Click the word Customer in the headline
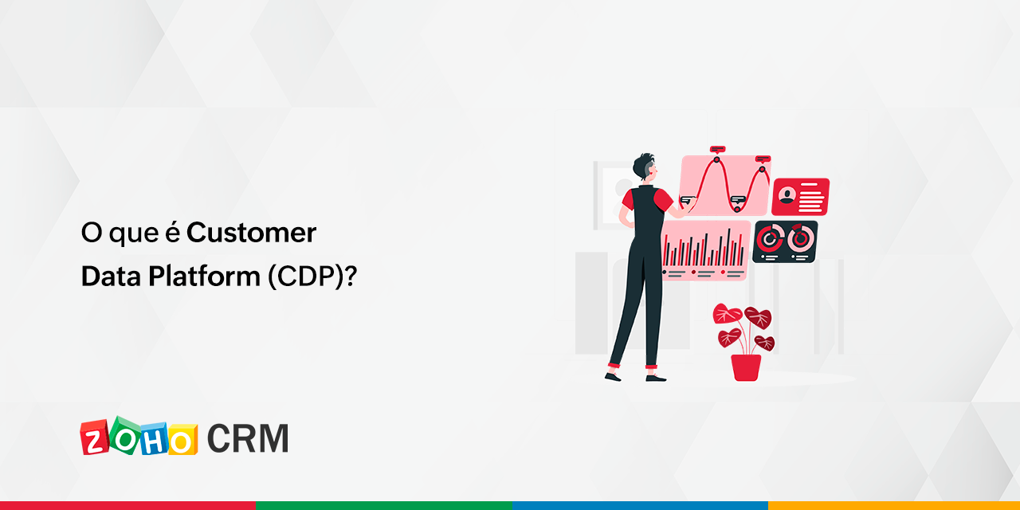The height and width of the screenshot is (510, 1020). (x=251, y=233)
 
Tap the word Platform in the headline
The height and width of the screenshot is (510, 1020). (x=204, y=276)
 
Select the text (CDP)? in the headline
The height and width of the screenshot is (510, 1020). (x=313, y=276)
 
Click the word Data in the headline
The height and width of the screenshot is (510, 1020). (x=111, y=276)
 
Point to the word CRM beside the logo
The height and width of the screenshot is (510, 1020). (x=248, y=438)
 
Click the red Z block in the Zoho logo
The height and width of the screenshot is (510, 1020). (x=95, y=438)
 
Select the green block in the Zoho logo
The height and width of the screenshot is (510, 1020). (x=125, y=435)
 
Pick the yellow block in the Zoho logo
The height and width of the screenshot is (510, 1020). (x=182, y=440)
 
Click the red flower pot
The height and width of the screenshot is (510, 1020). (x=746, y=367)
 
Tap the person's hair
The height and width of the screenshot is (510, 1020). (x=642, y=166)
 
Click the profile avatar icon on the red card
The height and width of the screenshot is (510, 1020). (x=787, y=196)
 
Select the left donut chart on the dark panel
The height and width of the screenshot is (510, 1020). (x=769, y=238)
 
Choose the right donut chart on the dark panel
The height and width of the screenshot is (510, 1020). (x=801, y=238)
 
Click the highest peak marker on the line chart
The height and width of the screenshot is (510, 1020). (x=716, y=160)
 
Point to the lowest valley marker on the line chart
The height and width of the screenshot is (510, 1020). (x=737, y=209)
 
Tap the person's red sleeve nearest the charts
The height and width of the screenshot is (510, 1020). (x=663, y=200)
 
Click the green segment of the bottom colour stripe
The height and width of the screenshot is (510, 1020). (x=384, y=505)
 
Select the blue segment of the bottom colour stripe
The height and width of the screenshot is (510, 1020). (x=640, y=505)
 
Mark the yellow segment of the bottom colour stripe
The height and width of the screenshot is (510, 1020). (x=894, y=505)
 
